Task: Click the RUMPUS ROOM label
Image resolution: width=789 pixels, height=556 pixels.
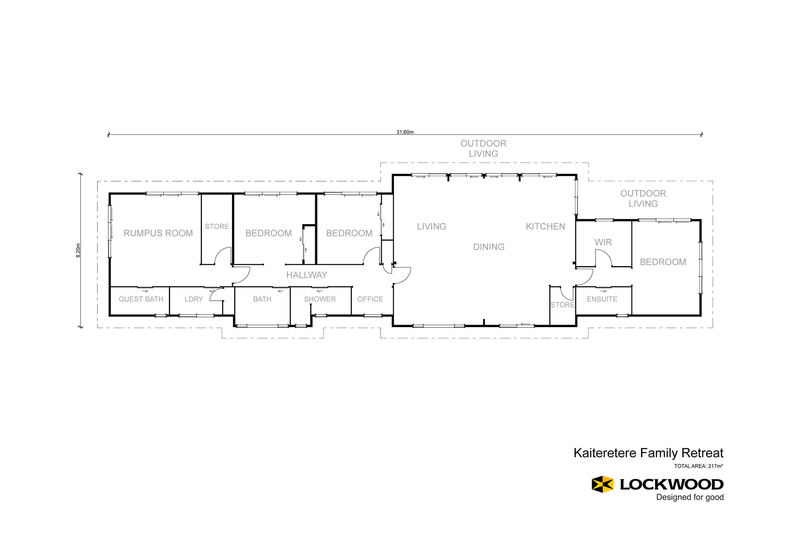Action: [x=158, y=233]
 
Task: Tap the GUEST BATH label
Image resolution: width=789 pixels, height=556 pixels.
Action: [x=141, y=299]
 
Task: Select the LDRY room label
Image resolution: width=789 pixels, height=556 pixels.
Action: [x=194, y=299]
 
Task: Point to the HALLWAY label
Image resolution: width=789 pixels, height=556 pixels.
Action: [x=307, y=275]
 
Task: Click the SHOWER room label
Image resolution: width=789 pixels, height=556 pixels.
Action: [x=320, y=299]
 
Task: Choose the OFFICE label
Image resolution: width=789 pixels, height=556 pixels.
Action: [x=370, y=299]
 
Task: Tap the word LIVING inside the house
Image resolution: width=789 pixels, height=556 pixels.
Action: [x=432, y=227]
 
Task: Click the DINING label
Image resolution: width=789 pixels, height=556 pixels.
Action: [x=489, y=247]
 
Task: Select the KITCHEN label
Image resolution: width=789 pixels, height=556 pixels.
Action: [x=546, y=227]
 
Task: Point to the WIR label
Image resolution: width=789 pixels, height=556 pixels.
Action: [x=603, y=242]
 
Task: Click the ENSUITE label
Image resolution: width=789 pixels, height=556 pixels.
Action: [x=602, y=299]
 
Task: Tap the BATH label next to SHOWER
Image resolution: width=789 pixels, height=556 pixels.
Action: [x=262, y=299]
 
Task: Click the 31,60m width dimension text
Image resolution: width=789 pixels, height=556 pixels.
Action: [x=405, y=132]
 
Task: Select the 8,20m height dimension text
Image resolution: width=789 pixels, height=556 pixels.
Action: [x=78, y=251]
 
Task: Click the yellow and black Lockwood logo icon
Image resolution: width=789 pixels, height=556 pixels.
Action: [x=602, y=484]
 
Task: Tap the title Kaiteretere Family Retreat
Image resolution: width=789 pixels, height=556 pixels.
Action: [x=649, y=453]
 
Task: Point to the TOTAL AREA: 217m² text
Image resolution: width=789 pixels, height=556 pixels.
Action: [x=699, y=466]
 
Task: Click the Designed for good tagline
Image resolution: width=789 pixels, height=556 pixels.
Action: [x=690, y=497]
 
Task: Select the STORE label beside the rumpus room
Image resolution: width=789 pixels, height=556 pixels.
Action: [x=217, y=227]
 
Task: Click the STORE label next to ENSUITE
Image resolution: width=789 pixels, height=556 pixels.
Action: [x=563, y=305]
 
